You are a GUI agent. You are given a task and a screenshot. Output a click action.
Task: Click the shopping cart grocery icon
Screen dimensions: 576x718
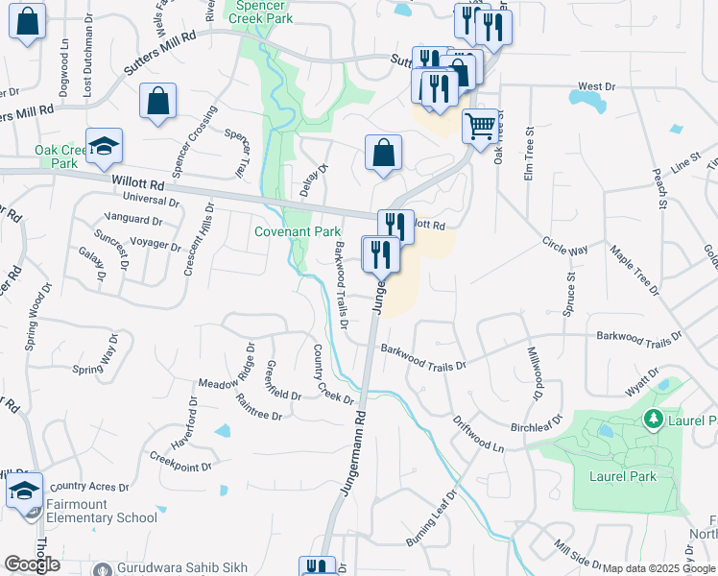(480, 125)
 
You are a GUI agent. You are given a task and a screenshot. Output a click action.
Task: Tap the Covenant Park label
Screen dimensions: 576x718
(298, 232)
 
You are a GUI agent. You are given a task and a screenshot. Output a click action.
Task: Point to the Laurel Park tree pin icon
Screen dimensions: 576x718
(654, 418)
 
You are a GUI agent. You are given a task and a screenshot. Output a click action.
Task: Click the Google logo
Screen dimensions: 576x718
(32, 564)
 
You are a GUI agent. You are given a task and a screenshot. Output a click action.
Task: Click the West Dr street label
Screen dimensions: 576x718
(596, 86)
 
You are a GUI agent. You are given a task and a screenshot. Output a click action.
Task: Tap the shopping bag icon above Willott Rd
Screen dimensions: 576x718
(383, 154)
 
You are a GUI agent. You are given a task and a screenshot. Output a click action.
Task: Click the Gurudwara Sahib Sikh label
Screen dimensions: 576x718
(182, 567)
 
